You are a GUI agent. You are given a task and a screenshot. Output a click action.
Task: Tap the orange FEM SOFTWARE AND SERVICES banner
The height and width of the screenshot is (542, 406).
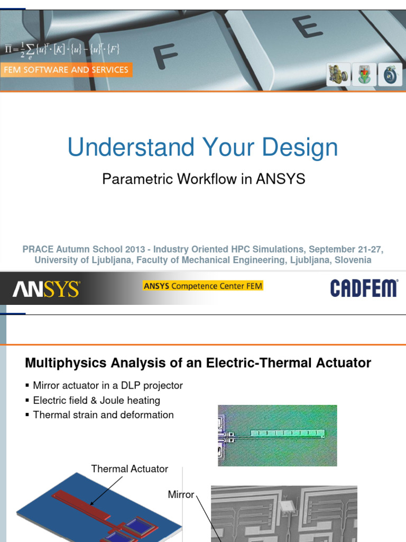pos(66,70)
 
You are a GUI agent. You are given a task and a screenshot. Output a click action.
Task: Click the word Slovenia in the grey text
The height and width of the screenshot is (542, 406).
pos(352,260)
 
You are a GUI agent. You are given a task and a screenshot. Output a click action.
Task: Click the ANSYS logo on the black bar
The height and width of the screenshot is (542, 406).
pos(46,289)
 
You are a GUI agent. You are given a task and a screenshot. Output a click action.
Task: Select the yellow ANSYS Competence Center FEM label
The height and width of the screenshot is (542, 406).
pos(202,286)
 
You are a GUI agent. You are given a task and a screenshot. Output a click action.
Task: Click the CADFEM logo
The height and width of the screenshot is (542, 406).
pos(364,288)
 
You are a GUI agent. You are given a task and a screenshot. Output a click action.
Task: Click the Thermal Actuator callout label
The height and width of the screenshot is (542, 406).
pos(130,469)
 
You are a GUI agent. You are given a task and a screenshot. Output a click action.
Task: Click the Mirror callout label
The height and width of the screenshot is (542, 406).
pos(181,494)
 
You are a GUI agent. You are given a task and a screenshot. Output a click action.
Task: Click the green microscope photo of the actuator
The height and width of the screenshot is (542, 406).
pos(277,435)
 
